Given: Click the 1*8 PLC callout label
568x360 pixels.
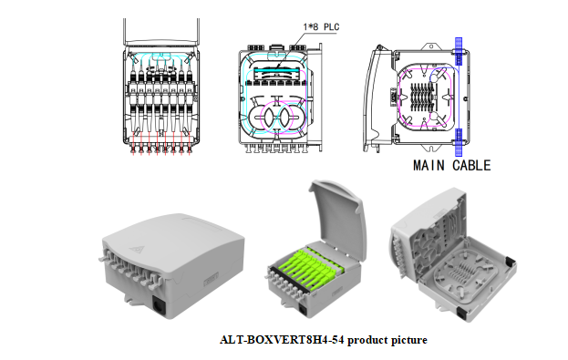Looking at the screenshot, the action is [x=321, y=27].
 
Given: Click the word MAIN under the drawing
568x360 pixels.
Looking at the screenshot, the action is [x=429, y=166].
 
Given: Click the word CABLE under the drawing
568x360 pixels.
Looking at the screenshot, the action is [x=471, y=166].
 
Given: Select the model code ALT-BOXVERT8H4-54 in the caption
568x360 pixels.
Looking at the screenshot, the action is [x=282, y=340].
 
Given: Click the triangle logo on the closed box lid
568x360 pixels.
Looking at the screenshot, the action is [x=137, y=249].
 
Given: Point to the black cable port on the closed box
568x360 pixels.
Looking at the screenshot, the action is [x=159, y=306].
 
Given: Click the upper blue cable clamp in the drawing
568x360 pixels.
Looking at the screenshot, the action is [x=459, y=51].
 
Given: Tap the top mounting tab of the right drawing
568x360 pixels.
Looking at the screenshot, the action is [x=431, y=46].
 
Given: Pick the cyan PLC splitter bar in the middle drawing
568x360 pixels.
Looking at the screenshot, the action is [x=276, y=70].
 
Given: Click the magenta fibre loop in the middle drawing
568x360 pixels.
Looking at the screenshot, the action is [x=279, y=118].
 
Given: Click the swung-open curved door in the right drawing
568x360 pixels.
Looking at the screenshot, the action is [x=375, y=98].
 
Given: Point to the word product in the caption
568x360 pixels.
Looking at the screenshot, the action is [x=365, y=341].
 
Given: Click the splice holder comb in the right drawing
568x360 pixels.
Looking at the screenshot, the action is [x=422, y=97].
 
